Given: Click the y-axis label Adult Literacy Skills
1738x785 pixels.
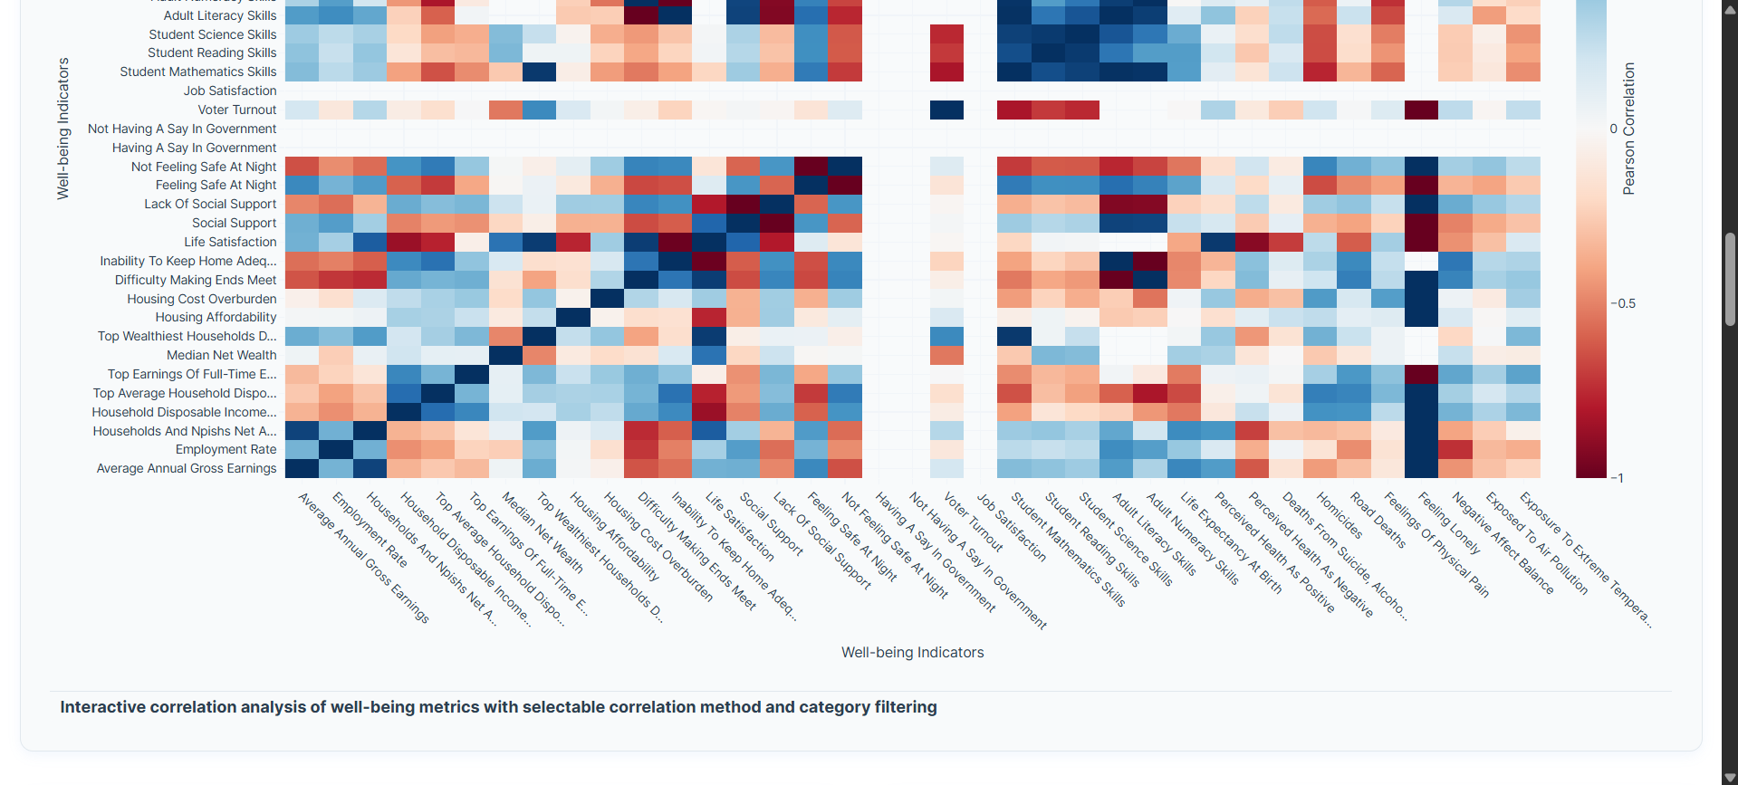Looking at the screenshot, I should tap(220, 15).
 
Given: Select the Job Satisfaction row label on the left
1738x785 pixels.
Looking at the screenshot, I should tap(230, 91).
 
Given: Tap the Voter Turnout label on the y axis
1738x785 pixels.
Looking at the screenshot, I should tap(237, 110).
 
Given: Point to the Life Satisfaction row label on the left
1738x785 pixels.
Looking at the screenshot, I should tap(230, 242).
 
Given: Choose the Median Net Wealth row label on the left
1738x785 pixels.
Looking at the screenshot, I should tap(221, 355).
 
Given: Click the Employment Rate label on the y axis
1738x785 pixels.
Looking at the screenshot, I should tap(226, 449).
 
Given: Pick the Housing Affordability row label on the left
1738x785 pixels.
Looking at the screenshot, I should tap(216, 317).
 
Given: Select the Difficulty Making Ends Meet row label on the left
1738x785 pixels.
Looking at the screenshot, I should tap(196, 280).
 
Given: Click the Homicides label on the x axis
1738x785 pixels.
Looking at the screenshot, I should tap(1339, 515).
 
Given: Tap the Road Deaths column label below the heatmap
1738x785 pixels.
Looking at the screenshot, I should tap(1378, 521).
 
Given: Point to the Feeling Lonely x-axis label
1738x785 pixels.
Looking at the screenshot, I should tap(1449, 523).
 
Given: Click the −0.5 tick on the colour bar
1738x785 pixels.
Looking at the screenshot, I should tap(1623, 303).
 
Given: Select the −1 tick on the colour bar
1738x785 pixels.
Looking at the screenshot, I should tap(1617, 477).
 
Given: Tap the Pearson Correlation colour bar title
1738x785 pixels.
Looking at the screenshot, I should tap(1629, 129).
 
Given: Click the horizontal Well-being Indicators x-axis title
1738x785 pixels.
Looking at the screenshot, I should tap(912, 652).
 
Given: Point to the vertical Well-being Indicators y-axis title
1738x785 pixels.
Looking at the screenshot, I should tap(63, 129).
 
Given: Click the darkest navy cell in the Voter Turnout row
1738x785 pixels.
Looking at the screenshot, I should tap(946, 110).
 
